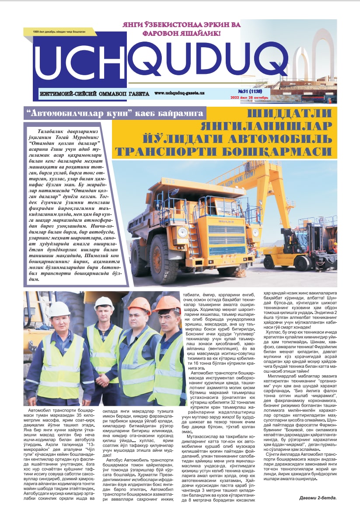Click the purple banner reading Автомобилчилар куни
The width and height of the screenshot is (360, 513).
pos(115,114)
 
